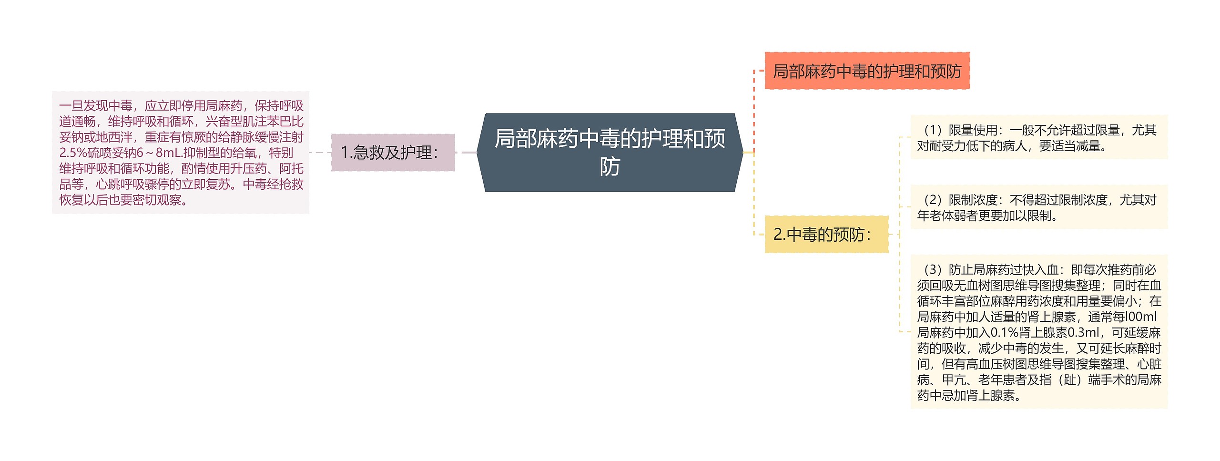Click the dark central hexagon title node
pyautogui.click(x=610, y=152)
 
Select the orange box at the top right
pyautogui.click(x=867, y=71)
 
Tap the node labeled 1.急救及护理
pyautogui.click(x=393, y=153)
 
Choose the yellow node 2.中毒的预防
pyautogui.click(x=826, y=234)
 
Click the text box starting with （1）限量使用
pyautogui.click(x=1039, y=137)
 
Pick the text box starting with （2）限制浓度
pyautogui.click(x=1039, y=207)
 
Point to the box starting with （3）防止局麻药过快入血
pyautogui.click(x=1039, y=332)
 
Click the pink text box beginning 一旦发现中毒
pyautogui.click(x=181, y=153)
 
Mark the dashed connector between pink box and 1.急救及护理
pyautogui.click(x=320, y=153)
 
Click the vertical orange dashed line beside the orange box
pyautogui.click(x=754, y=110)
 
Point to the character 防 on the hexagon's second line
pyautogui.click(x=610, y=167)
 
